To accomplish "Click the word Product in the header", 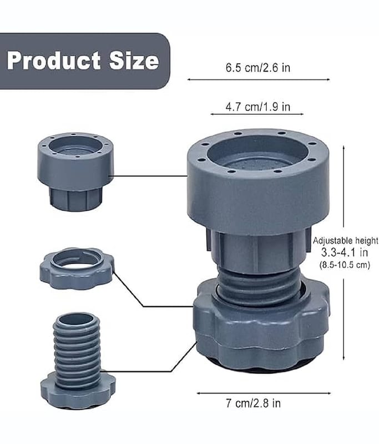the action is pyautogui.click(x=54, y=60).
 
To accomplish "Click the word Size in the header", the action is pyautogui.click(x=134, y=60).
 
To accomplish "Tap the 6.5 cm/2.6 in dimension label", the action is pyautogui.click(x=258, y=68).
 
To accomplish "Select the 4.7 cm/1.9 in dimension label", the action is pyautogui.click(x=258, y=107).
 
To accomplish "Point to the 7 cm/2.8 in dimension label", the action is pyautogui.click(x=254, y=403).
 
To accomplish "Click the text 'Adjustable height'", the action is pyautogui.click(x=345, y=241).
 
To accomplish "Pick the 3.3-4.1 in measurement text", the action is pyautogui.click(x=345, y=252).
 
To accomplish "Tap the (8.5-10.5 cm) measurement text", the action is pyautogui.click(x=345, y=265).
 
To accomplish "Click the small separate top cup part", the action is pyautogui.click(x=75, y=171).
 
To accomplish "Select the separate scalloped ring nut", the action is pyautogui.click(x=77, y=269).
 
